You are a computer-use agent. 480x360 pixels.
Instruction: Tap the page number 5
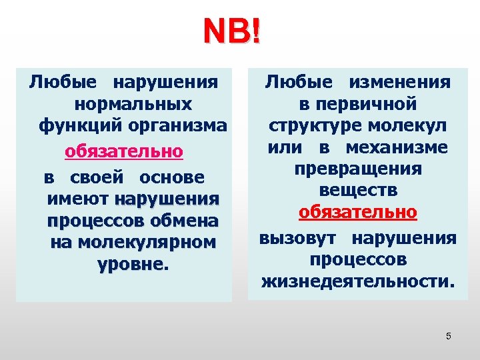click(449, 336)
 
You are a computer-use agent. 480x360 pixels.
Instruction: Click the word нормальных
click(133, 105)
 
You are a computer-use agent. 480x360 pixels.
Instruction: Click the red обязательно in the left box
click(124, 151)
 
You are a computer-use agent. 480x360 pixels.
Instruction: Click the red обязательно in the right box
click(358, 213)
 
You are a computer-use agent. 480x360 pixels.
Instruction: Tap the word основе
click(172, 179)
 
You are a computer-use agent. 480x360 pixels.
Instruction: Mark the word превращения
click(358, 169)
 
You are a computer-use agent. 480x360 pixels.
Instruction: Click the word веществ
click(358, 191)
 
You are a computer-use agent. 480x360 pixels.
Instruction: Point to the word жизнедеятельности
click(358, 281)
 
